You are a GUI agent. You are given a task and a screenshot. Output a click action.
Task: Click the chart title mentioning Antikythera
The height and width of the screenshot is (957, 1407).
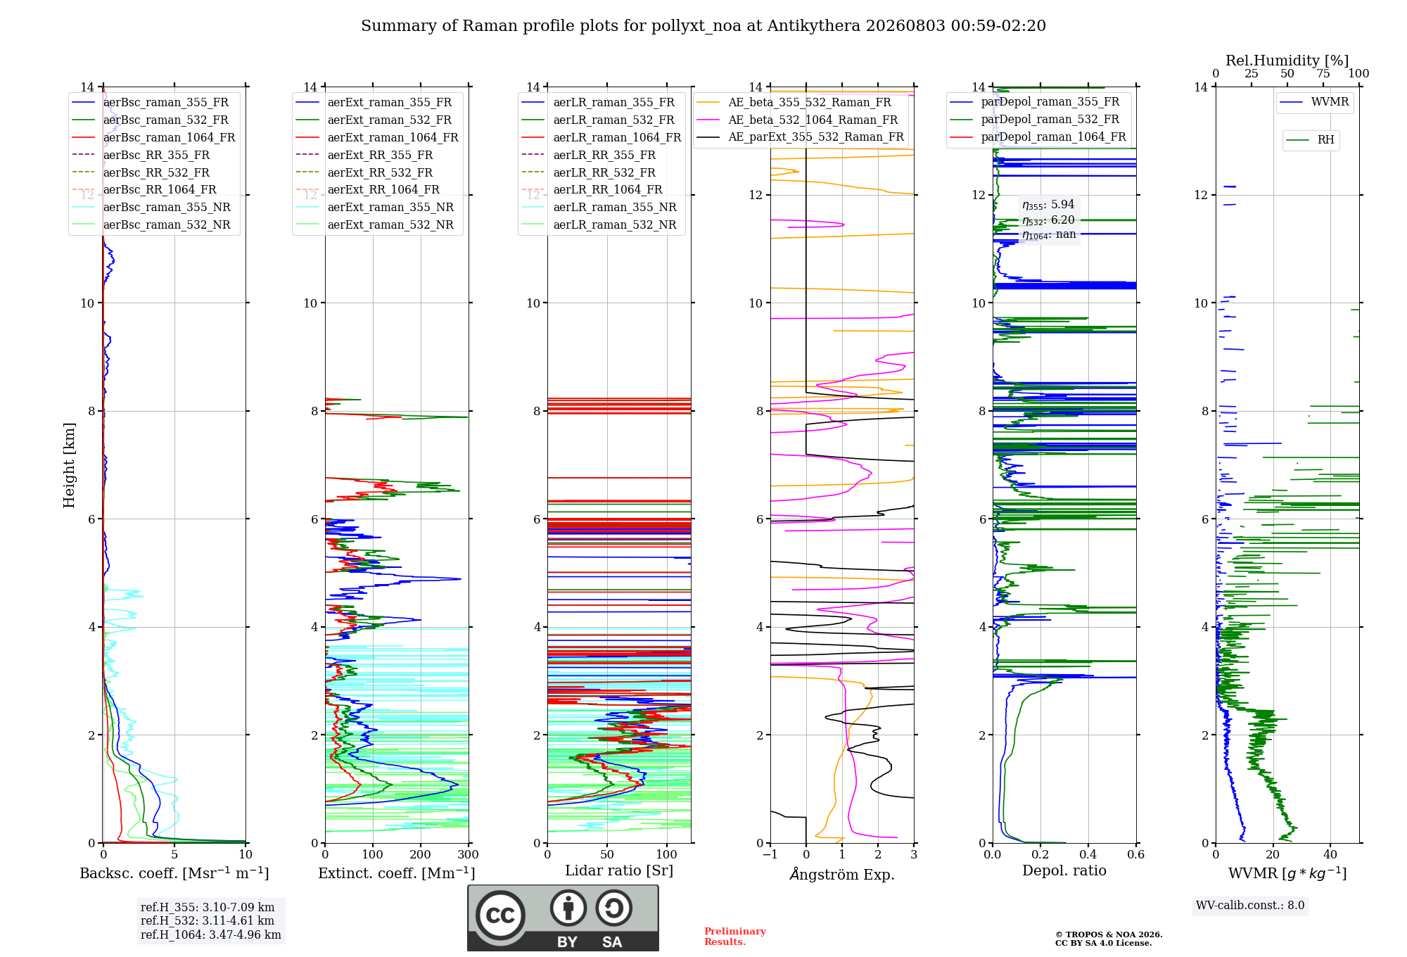point(703,26)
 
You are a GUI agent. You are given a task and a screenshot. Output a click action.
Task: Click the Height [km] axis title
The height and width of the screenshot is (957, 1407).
point(69,465)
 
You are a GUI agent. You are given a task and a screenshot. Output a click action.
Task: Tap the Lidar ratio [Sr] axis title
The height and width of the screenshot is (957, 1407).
point(619,871)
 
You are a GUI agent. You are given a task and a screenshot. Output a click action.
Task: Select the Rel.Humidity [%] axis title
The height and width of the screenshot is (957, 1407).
point(1287,61)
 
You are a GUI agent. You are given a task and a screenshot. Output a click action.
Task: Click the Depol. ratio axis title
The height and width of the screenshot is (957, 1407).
point(1064,871)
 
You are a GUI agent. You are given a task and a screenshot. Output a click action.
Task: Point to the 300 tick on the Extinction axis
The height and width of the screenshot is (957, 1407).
point(469,855)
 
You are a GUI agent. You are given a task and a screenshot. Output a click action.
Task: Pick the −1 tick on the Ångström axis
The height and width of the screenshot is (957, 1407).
point(770,855)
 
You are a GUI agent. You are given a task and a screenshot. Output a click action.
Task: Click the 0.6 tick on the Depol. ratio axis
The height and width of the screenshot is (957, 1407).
point(1136,855)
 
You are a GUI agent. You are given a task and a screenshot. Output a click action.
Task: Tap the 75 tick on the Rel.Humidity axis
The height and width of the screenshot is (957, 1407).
point(1323,74)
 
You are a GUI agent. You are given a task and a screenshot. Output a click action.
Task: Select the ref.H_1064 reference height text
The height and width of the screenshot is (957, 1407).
point(211,935)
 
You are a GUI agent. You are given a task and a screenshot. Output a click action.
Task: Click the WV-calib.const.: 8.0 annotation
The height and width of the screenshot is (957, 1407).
point(1250,906)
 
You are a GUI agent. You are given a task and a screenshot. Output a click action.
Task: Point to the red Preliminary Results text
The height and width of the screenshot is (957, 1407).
point(735,937)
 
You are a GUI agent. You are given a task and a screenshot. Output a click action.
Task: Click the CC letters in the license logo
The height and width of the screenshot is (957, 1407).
point(500,915)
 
